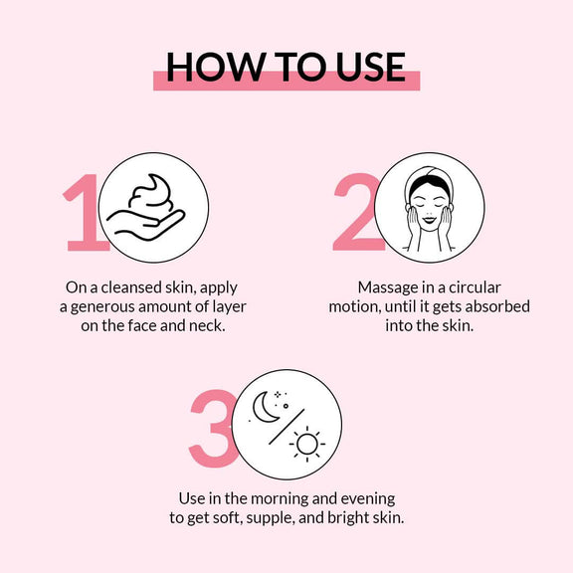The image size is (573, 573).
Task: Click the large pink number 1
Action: (x=85, y=212)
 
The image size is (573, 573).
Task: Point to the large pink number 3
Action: (x=213, y=429)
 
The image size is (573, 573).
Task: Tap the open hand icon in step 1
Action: (x=146, y=225)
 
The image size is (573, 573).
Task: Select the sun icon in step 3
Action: (x=307, y=444)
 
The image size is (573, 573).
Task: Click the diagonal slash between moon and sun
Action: (x=286, y=427)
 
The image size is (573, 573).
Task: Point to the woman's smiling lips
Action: (x=430, y=220)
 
